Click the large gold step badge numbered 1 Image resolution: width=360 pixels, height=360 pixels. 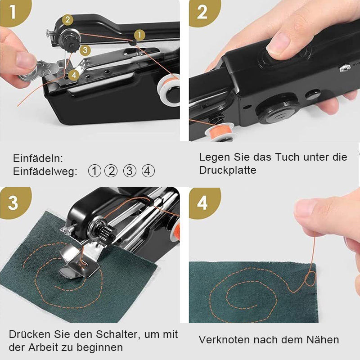(x=14, y=12)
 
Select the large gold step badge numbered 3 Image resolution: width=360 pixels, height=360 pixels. (x=14, y=202)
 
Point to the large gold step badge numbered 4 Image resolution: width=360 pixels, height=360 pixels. (x=203, y=203)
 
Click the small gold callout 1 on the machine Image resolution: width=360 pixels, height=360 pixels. (x=139, y=35)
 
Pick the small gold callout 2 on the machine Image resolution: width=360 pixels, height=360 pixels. (x=67, y=20)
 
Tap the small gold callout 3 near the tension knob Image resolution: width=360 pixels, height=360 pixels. (x=85, y=50)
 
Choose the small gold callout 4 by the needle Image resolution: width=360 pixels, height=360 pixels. (x=74, y=75)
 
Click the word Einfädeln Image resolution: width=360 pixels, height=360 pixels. (x=38, y=158)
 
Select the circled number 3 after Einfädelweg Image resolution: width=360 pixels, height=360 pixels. (x=130, y=171)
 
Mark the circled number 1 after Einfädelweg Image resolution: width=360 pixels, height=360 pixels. (x=94, y=171)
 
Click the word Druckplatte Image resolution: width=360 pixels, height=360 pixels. (x=228, y=171)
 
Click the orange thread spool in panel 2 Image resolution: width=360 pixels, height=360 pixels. (x=219, y=131)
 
